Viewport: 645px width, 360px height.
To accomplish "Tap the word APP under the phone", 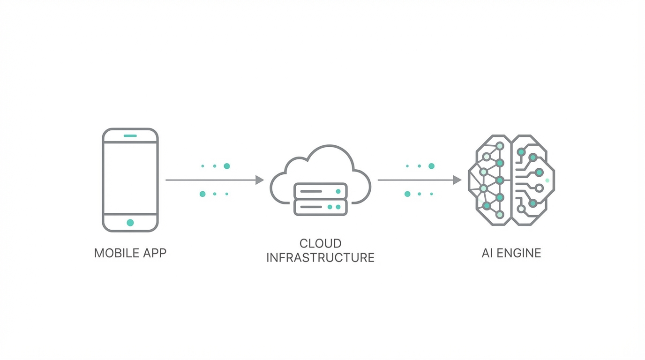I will tap(154, 253).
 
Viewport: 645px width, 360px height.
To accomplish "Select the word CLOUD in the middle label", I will tap(320, 244).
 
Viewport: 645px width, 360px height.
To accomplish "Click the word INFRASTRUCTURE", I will tap(320, 258).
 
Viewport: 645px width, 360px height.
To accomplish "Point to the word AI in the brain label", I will tap(487, 253).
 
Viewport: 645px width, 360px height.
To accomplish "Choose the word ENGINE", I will tap(518, 253).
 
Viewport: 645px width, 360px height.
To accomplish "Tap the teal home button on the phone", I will tap(130, 223).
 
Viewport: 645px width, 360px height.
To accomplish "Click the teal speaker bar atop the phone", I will tap(130, 136).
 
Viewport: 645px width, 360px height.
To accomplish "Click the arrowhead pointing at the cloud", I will tap(260, 180).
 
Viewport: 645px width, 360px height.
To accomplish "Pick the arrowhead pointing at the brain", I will tap(457, 180).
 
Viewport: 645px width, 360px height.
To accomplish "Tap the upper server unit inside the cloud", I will tap(320, 191).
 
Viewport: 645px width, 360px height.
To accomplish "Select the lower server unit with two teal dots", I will tap(320, 207).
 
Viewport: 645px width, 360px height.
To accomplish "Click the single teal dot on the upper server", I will tap(338, 191).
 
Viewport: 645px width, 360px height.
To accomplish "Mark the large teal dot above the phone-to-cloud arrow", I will tap(227, 166).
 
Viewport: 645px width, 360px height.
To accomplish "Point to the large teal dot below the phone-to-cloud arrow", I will tap(202, 194).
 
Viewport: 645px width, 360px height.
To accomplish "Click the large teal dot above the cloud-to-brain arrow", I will tap(431, 166).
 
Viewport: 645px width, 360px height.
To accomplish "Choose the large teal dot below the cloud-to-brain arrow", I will tap(407, 194).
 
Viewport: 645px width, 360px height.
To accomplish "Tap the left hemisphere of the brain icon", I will tap(490, 180).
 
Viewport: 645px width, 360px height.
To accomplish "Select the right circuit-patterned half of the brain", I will tap(532, 180).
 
